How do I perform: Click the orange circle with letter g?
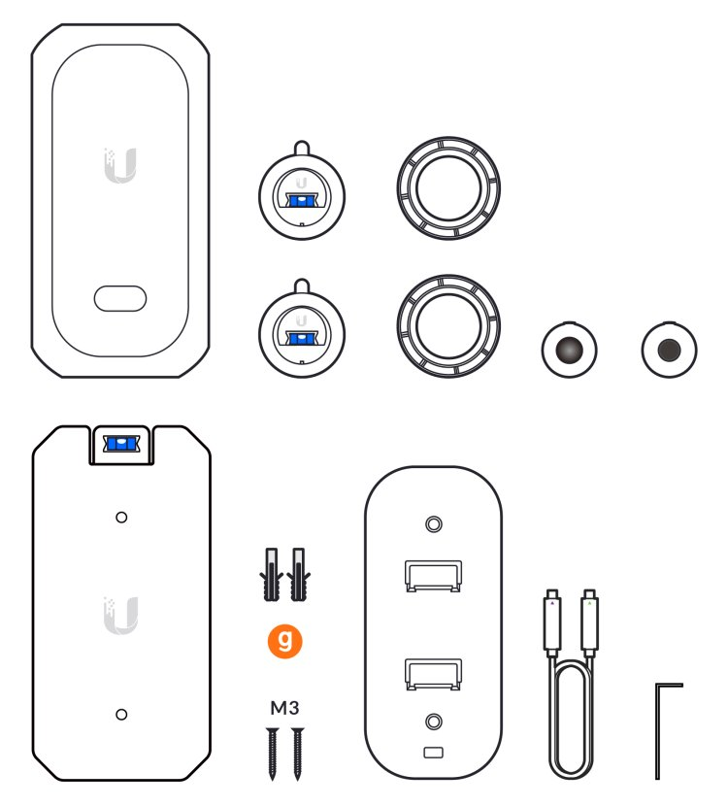[x=284, y=641]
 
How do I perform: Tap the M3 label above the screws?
[x=284, y=708]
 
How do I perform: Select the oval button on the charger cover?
[x=120, y=299]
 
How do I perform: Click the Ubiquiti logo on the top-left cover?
[x=120, y=165]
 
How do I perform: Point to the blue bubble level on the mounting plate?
[x=121, y=444]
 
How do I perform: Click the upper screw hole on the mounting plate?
[x=121, y=518]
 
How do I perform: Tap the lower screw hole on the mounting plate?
[x=121, y=714]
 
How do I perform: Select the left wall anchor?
[x=271, y=574]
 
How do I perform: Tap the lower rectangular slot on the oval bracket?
[x=433, y=674]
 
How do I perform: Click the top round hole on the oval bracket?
[x=434, y=524]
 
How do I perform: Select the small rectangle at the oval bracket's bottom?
[x=433, y=753]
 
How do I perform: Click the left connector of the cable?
[x=552, y=623]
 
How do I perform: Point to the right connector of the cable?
[x=590, y=623]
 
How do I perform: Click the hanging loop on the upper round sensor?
[x=302, y=148]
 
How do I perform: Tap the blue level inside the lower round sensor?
[x=302, y=338]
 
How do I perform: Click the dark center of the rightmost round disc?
[x=669, y=350]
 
